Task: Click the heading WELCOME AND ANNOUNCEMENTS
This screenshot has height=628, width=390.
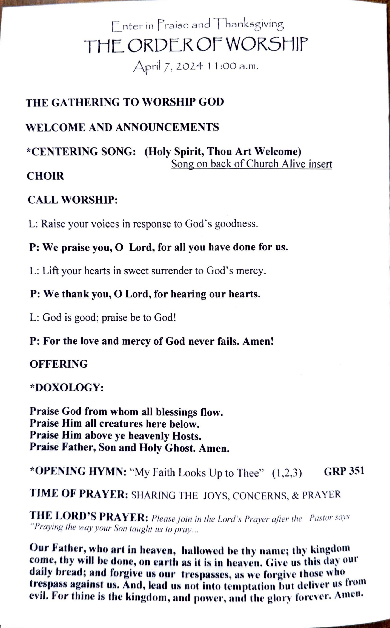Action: point(122,127)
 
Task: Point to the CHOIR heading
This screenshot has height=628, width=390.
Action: point(45,176)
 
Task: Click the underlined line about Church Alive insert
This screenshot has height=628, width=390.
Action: point(252,164)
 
